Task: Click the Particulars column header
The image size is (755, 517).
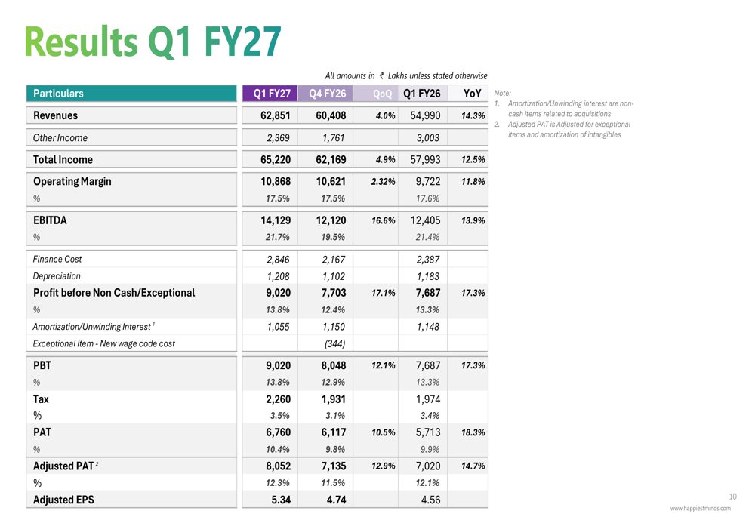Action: coord(58,94)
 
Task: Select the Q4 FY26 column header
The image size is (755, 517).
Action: coord(328,94)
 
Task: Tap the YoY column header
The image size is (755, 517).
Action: coord(473,94)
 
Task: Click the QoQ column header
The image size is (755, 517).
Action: coord(382,94)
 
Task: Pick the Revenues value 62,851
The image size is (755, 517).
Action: coord(276,115)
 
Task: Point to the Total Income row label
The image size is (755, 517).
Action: coord(63,160)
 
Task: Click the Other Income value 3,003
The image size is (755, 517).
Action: coord(428,137)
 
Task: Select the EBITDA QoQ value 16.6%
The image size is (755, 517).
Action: coord(384,220)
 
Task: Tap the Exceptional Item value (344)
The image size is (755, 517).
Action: coord(334,343)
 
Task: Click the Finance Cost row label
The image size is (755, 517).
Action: coord(57,260)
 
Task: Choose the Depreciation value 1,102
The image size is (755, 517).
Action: coord(333,276)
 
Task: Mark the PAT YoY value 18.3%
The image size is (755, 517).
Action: coord(473,432)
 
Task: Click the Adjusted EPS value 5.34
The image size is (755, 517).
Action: coord(281,500)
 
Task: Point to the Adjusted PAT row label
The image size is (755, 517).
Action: coord(63,466)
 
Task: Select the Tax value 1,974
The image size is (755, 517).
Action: coord(428,399)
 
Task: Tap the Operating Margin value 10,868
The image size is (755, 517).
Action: coord(276,181)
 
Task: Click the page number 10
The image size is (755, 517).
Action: coord(733,497)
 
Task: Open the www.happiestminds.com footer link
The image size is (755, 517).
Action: coord(700,509)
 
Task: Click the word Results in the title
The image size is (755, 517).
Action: coord(82,42)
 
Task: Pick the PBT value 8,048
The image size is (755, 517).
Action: coord(333,365)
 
